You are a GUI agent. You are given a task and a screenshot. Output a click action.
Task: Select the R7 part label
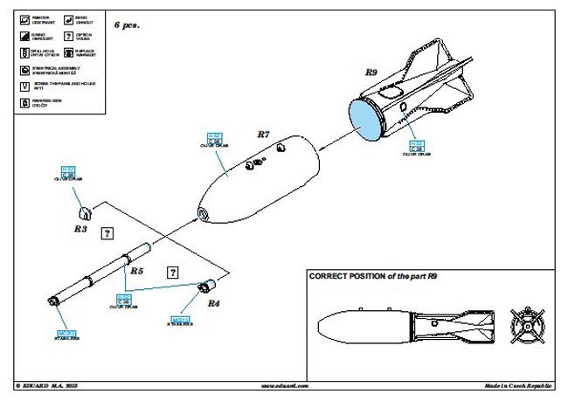click(265, 135)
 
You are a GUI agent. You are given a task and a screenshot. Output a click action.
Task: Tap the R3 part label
click(80, 229)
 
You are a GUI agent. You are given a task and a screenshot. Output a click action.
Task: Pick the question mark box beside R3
click(107, 233)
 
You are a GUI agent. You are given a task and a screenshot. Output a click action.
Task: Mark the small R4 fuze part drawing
click(208, 284)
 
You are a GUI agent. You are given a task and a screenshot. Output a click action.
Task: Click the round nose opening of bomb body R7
click(203, 214)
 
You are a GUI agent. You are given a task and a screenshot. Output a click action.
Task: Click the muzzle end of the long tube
click(54, 301)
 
